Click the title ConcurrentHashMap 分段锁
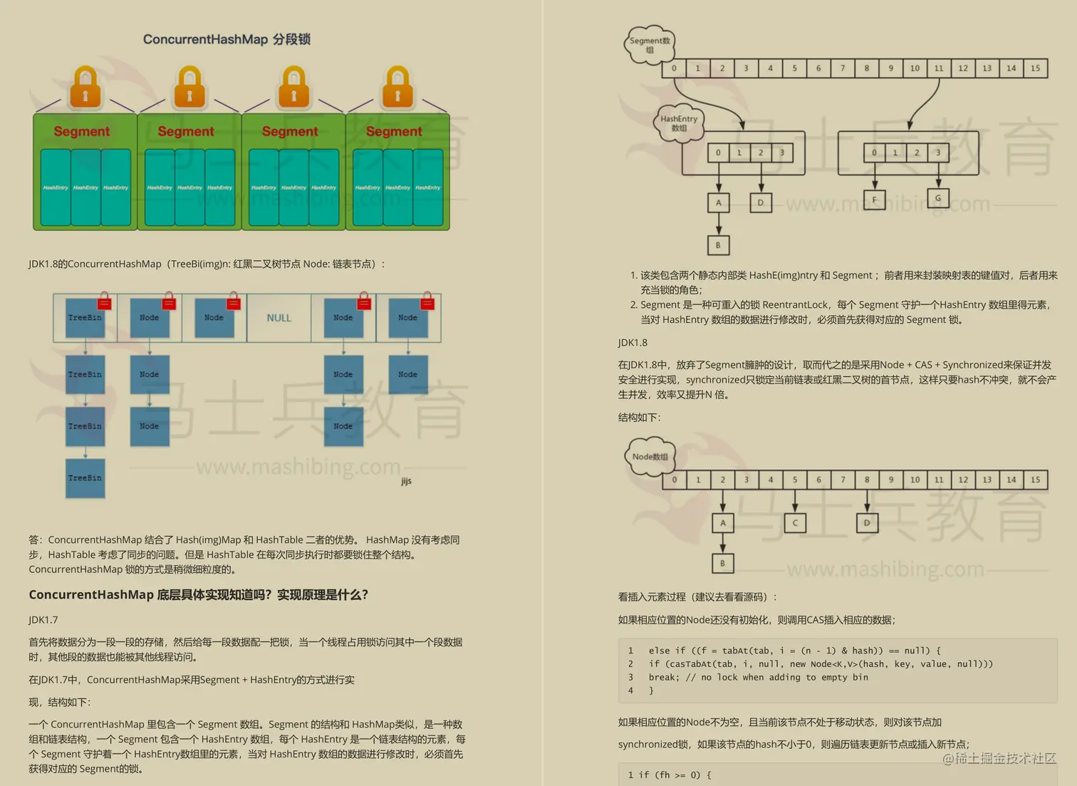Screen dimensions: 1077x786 coord(227,39)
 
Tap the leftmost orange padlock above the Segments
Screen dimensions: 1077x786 coord(85,88)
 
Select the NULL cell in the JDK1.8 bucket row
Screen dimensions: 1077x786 coord(279,318)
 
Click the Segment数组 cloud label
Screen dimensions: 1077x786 coord(650,46)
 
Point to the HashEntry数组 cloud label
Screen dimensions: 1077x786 coord(679,124)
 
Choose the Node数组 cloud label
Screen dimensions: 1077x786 coord(650,457)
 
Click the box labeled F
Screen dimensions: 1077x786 coord(874,200)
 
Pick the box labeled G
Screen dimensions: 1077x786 coord(937,198)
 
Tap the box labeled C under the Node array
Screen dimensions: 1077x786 coord(795,523)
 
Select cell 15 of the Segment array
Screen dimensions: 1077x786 coord(1035,68)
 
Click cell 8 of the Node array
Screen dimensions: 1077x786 coord(867,480)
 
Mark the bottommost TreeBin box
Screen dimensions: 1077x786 coord(85,478)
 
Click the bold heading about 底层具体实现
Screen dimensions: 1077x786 coord(198,595)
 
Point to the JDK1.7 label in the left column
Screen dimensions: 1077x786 coord(43,620)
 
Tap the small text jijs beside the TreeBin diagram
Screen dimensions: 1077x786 coord(406,481)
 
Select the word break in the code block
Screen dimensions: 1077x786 coord(662,678)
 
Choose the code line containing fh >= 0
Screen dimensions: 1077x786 coord(669,775)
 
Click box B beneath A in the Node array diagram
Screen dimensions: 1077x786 coord(722,564)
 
